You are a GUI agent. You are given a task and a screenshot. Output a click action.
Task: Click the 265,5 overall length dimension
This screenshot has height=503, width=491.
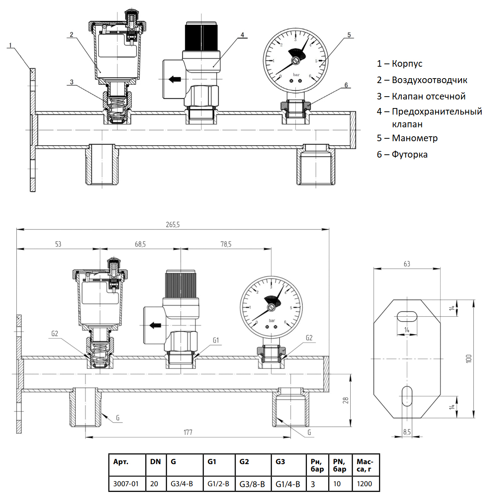pos(173,225)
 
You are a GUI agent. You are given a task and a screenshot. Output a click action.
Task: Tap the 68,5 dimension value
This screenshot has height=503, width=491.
pos(140,244)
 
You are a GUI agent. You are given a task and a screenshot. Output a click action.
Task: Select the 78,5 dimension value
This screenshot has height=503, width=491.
pos(226,244)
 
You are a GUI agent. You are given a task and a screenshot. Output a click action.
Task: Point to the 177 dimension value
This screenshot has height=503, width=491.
pos(188,432)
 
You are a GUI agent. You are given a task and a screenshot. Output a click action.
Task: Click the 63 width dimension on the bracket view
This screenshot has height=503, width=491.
pos(407,264)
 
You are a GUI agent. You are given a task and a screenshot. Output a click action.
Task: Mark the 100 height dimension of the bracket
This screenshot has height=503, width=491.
pos(468,359)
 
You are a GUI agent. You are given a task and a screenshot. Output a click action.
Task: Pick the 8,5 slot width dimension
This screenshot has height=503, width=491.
pos(407,432)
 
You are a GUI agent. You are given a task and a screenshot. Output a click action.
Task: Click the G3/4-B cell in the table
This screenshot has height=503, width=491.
pos(182,484)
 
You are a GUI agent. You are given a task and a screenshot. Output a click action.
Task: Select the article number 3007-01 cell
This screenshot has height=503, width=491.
pos(126,484)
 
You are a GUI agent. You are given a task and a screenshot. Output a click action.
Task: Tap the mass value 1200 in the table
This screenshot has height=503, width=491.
pos(365,484)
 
